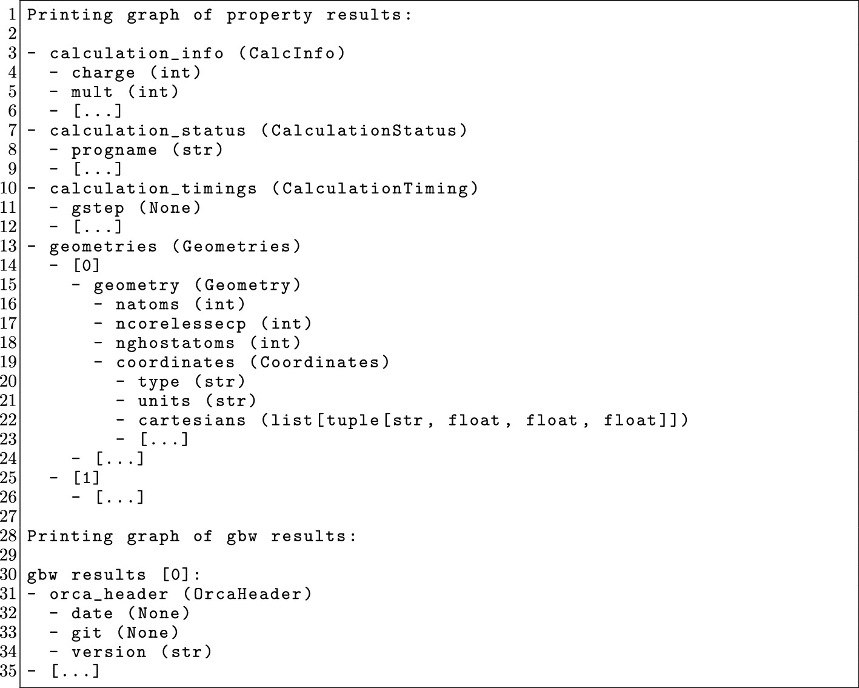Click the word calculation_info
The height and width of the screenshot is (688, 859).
tap(136, 53)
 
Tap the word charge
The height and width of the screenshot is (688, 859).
tap(103, 73)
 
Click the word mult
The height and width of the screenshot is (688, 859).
tap(92, 92)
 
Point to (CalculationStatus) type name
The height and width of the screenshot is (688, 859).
tap(364, 131)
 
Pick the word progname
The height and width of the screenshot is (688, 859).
tap(114, 150)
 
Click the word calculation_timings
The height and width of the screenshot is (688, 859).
tap(153, 189)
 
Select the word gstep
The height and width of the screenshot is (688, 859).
tap(98, 208)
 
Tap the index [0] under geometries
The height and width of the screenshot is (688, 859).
tap(86, 266)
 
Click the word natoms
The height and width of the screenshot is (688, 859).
tap(147, 304)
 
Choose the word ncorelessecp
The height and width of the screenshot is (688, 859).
tap(181, 324)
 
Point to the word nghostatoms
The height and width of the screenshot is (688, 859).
tap(175, 343)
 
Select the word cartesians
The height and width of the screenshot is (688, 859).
tap(192, 420)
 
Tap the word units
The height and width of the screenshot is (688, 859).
tap(164, 401)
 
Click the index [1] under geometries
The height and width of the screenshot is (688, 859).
tap(86, 478)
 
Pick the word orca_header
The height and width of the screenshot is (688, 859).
tap(109, 594)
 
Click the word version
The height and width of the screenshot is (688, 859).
tap(109, 652)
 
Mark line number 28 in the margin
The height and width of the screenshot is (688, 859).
tap(8, 536)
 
